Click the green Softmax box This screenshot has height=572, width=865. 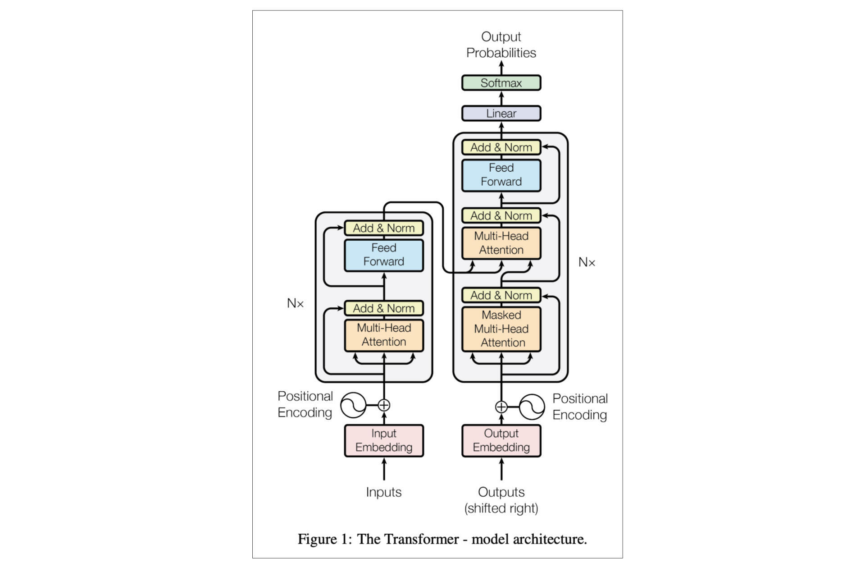(x=501, y=83)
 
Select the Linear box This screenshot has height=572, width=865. (x=501, y=114)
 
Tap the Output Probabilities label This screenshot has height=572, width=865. (x=501, y=45)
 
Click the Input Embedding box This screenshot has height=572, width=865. (x=384, y=440)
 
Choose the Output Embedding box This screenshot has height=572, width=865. (x=501, y=440)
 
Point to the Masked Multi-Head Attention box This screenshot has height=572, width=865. (x=501, y=329)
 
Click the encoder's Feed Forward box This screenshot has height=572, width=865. (x=384, y=255)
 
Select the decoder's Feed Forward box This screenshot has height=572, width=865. (x=501, y=175)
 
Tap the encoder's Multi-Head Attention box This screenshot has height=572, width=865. (x=384, y=335)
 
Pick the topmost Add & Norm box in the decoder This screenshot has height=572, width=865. (x=501, y=147)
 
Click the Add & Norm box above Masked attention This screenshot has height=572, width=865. (x=501, y=295)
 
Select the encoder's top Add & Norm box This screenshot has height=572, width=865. (x=384, y=228)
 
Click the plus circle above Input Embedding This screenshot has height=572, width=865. (x=384, y=405)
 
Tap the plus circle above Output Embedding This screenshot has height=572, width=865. (x=501, y=407)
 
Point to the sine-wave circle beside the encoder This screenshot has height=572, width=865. (x=353, y=405)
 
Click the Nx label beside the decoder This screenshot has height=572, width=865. (x=587, y=262)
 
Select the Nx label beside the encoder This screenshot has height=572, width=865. (x=295, y=303)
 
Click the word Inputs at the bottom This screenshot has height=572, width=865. (x=384, y=492)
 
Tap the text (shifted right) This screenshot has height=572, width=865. (x=501, y=508)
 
